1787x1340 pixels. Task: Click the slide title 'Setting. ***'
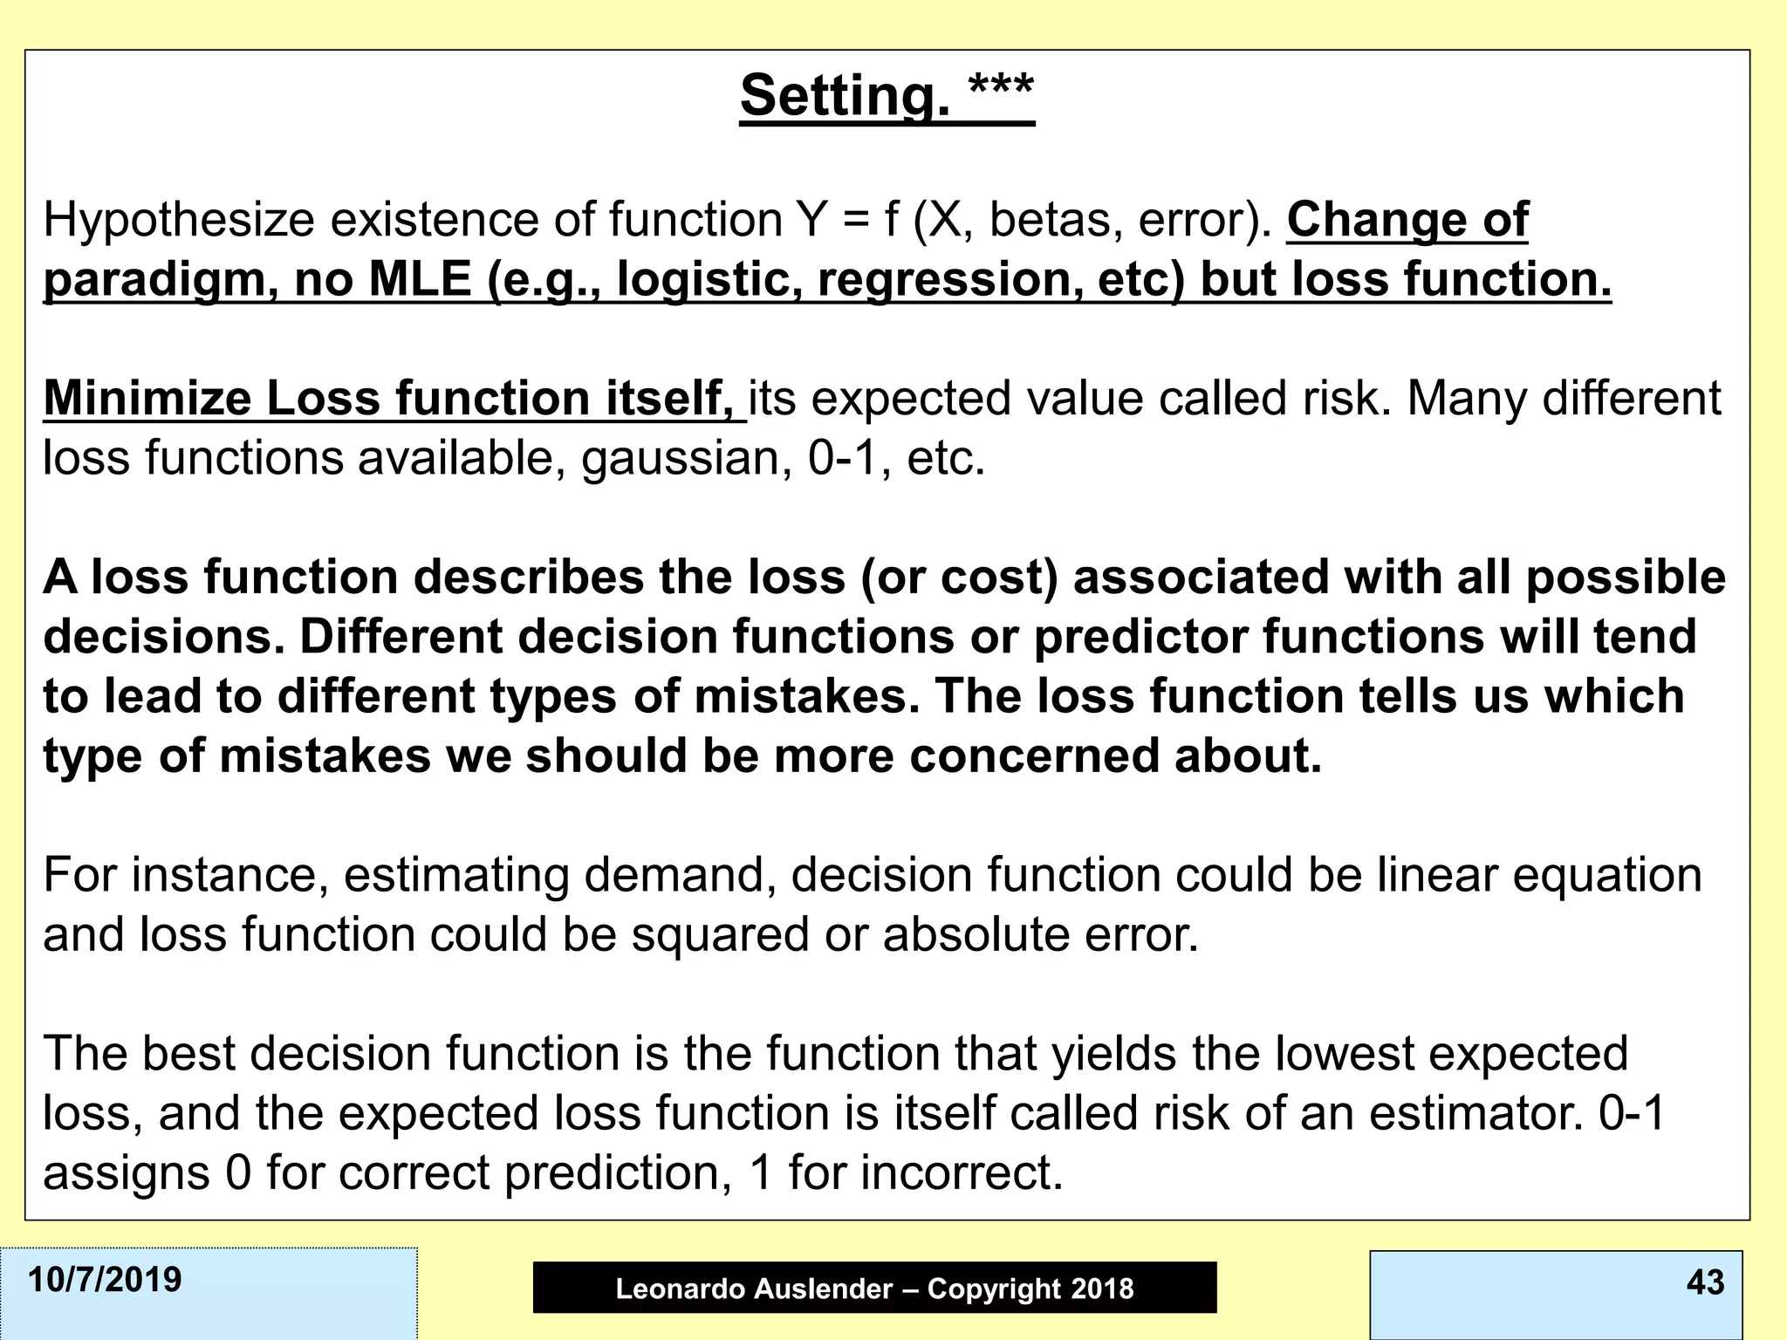pos(887,95)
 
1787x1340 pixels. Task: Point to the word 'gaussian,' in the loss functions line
pos(687,458)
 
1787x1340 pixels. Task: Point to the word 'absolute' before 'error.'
pos(975,933)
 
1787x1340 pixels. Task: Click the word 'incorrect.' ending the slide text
pos(962,1172)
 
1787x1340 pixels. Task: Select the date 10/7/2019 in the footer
pos(105,1280)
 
